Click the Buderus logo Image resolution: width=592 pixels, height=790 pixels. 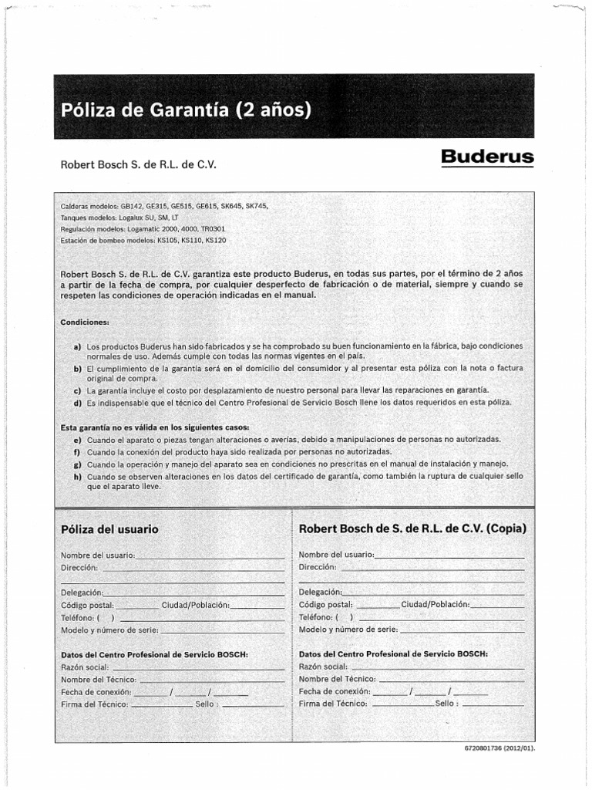pyautogui.click(x=487, y=157)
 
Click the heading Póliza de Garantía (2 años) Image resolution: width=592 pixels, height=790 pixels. pyautogui.click(x=186, y=110)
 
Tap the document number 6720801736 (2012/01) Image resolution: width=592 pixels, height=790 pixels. pyautogui.click(x=499, y=748)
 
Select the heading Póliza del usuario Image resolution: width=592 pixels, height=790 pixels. pyautogui.click(x=109, y=529)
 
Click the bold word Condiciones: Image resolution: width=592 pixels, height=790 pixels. pyautogui.click(x=85, y=321)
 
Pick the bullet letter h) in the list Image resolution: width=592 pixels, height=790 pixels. pyautogui.click(x=77, y=476)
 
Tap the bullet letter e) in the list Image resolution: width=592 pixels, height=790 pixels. pyautogui.click(x=77, y=439)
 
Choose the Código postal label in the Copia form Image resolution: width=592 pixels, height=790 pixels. pyautogui.click(x=325, y=604)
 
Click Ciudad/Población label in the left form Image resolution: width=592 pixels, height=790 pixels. pyautogui.click(x=196, y=604)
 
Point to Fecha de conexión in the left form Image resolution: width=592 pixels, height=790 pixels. pyautogui.click(x=96, y=691)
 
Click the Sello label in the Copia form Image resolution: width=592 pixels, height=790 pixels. pyautogui.click(x=446, y=704)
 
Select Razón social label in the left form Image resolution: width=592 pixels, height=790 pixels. pyautogui.click(x=85, y=667)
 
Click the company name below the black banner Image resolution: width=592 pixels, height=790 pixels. pyautogui.click(x=140, y=164)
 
